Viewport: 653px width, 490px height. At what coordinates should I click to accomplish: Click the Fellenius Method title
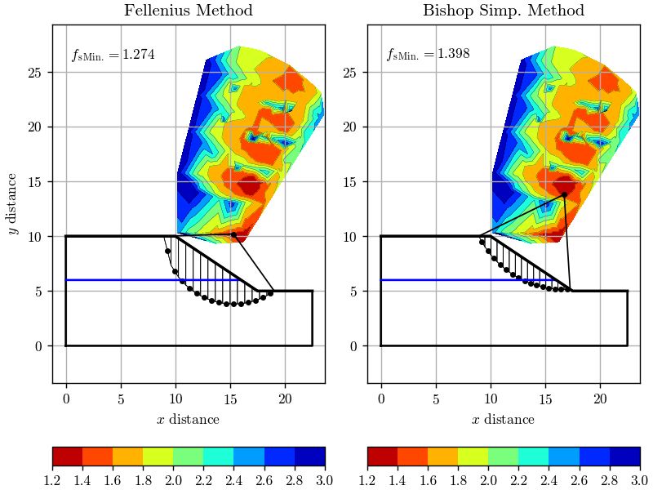tap(188, 11)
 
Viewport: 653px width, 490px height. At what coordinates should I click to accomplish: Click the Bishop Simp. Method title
tap(503, 11)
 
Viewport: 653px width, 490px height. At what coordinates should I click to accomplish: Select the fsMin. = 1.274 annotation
tap(113, 55)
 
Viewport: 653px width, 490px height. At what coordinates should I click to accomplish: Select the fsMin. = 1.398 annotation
tap(428, 55)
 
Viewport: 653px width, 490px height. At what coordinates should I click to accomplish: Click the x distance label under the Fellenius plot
tap(188, 420)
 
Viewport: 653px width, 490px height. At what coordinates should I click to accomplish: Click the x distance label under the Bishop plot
tap(503, 420)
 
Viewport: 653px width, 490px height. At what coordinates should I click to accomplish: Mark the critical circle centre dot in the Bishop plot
tap(564, 194)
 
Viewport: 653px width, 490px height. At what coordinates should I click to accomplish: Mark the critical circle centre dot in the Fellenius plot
tap(233, 234)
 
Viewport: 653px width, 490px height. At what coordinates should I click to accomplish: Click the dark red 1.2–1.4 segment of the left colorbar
tap(67, 455)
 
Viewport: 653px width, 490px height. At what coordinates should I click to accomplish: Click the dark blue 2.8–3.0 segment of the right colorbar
tap(624, 455)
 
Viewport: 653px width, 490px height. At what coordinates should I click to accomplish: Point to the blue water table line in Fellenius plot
tap(122, 280)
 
